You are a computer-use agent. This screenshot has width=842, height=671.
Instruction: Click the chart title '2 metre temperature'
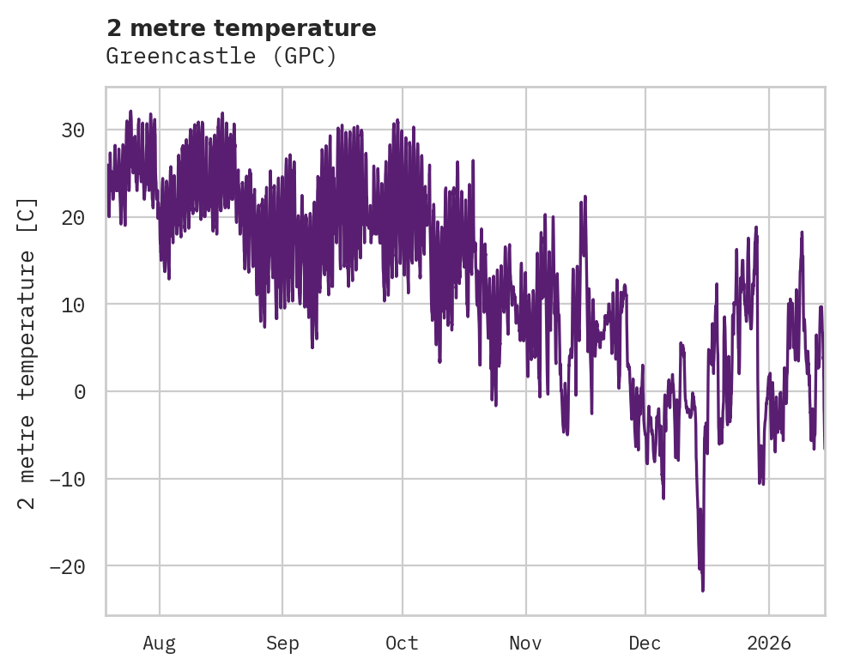tap(241, 28)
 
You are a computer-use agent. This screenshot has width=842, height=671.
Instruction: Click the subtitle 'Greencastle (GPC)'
tap(221, 57)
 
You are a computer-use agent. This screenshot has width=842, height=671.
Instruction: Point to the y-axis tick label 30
tap(72, 130)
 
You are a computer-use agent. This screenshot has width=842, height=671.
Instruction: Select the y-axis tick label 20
tap(72, 218)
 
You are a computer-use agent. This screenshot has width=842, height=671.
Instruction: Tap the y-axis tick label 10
tap(72, 305)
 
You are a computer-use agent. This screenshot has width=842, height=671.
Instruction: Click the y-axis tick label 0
tap(79, 392)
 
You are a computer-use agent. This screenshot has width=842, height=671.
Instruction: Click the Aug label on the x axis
tap(159, 643)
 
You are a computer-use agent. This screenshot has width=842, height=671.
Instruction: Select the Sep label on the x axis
tap(282, 643)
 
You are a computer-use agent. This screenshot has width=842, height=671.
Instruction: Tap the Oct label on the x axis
tap(402, 643)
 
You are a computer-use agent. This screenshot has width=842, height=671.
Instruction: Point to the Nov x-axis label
tap(525, 643)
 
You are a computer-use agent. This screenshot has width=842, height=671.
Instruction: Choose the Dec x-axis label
tap(645, 643)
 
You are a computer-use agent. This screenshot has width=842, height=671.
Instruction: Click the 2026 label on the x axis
tap(769, 643)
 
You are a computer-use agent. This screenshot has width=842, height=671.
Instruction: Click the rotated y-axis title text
tap(27, 352)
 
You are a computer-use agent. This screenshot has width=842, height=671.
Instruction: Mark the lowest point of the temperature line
tap(703, 590)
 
